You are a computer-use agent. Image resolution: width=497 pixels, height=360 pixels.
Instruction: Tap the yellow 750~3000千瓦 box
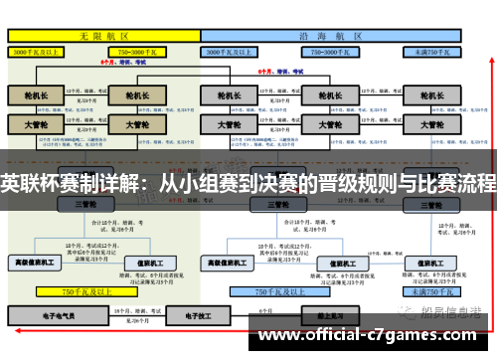point(145,51)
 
